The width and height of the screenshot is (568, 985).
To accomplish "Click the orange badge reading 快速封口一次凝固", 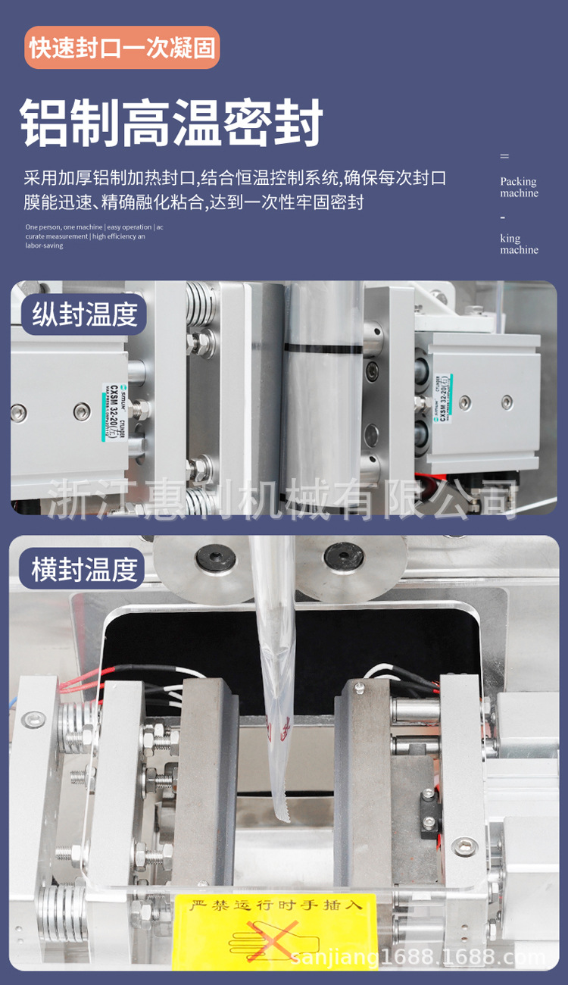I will click(x=122, y=48).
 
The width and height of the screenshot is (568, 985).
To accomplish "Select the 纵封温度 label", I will click(x=84, y=314).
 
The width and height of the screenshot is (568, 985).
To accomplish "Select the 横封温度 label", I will click(x=84, y=569).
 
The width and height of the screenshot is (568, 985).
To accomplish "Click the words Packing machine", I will click(x=519, y=187).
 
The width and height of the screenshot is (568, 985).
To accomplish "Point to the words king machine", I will click(x=519, y=244).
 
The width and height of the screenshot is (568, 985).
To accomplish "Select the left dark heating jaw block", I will click(x=204, y=780).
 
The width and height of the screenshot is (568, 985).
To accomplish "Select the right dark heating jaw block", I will click(x=364, y=780).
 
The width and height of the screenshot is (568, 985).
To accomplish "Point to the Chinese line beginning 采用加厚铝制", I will click(x=235, y=179).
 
